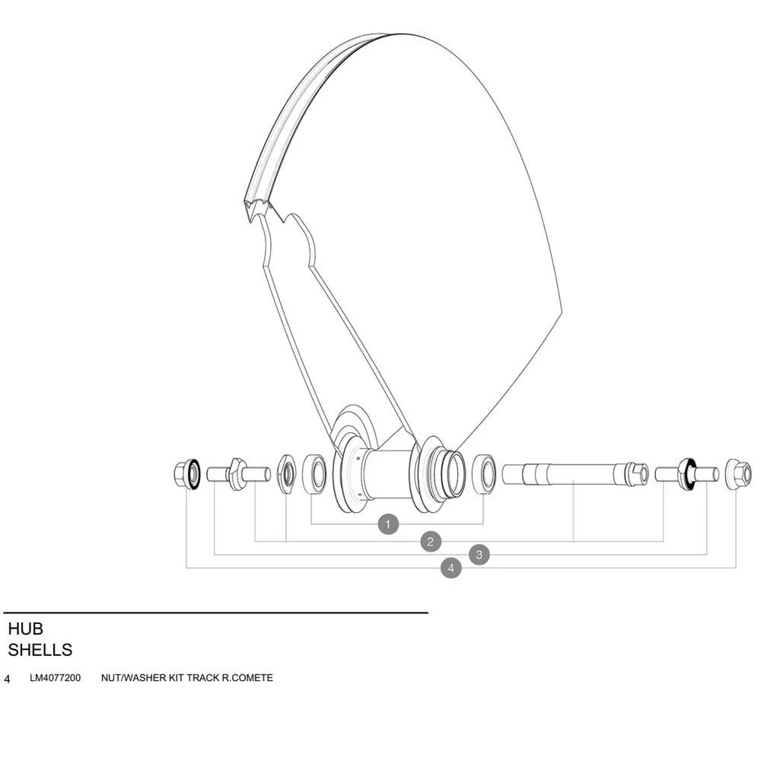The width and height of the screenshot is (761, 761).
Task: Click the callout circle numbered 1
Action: click(388, 524)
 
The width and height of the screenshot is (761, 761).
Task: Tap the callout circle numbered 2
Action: click(431, 542)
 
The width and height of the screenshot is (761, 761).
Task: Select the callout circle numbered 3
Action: click(479, 555)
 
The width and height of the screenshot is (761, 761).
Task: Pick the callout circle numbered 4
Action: click(451, 568)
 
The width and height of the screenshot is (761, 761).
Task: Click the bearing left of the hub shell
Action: click(315, 474)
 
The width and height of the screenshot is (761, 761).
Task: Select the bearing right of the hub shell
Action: click(484, 473)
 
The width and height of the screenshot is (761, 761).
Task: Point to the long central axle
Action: click(575, 473)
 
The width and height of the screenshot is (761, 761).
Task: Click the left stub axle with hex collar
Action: click(238, 474)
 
